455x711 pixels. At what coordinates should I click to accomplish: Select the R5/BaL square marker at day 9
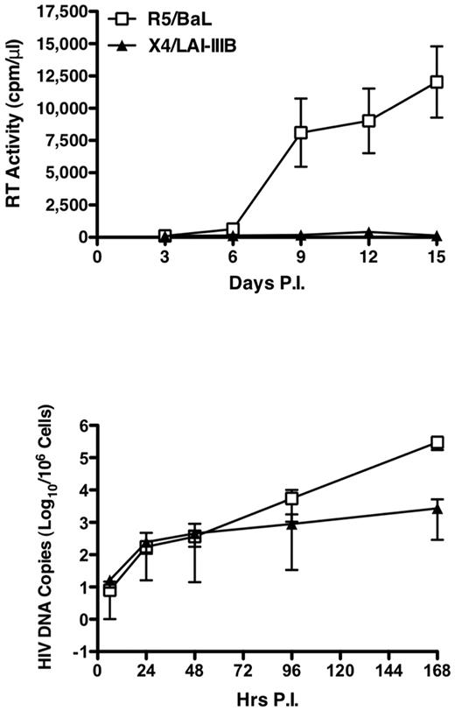301,133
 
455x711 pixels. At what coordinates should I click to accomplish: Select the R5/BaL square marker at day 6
233,229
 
